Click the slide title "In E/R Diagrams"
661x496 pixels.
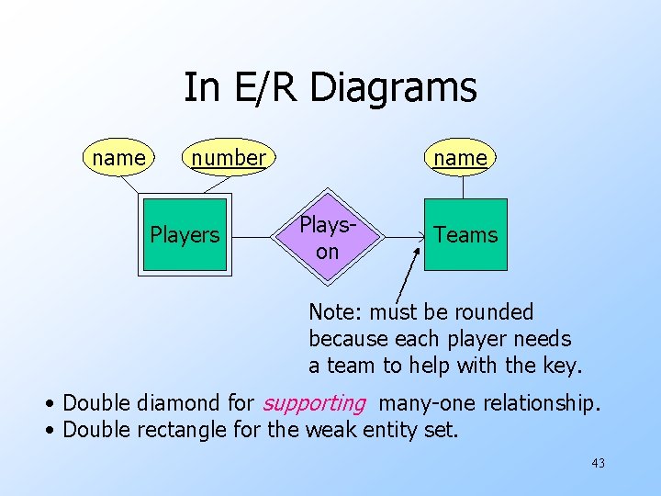click(x=330, y=88)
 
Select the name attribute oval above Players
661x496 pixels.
click(x=118, y=158)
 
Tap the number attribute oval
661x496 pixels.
click(x=228, y=158)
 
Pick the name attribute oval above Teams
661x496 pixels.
click(x=460, y=158)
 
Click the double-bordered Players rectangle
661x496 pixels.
click(x=185, y=234)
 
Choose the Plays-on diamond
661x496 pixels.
click(x=327, y=236)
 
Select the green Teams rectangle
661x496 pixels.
click(x=465, y=234)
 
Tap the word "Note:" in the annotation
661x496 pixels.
click(x=331, y=312)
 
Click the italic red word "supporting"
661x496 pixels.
click(x=314, y=402)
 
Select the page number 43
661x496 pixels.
click(x=598, y=463)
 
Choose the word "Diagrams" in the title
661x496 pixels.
click(x=394, y=88)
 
